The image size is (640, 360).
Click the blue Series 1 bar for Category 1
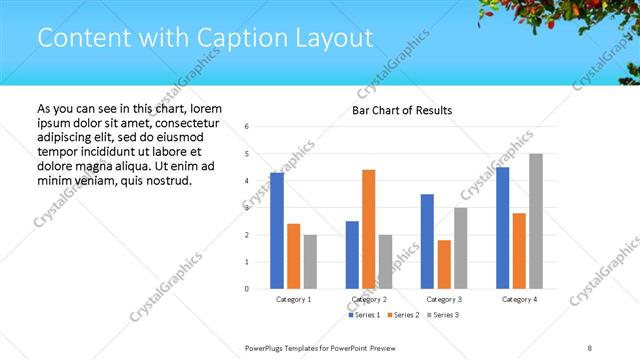277,231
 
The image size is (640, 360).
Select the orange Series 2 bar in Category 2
368,229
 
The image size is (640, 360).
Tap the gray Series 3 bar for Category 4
535,221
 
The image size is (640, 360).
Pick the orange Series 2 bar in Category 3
443,264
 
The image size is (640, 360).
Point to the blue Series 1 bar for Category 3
427,241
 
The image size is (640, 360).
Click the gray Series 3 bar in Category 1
310,262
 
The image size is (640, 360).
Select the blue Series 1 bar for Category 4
502,228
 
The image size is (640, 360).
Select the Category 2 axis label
369,299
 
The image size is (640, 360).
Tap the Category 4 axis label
519,299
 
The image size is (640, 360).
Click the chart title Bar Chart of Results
402,110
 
